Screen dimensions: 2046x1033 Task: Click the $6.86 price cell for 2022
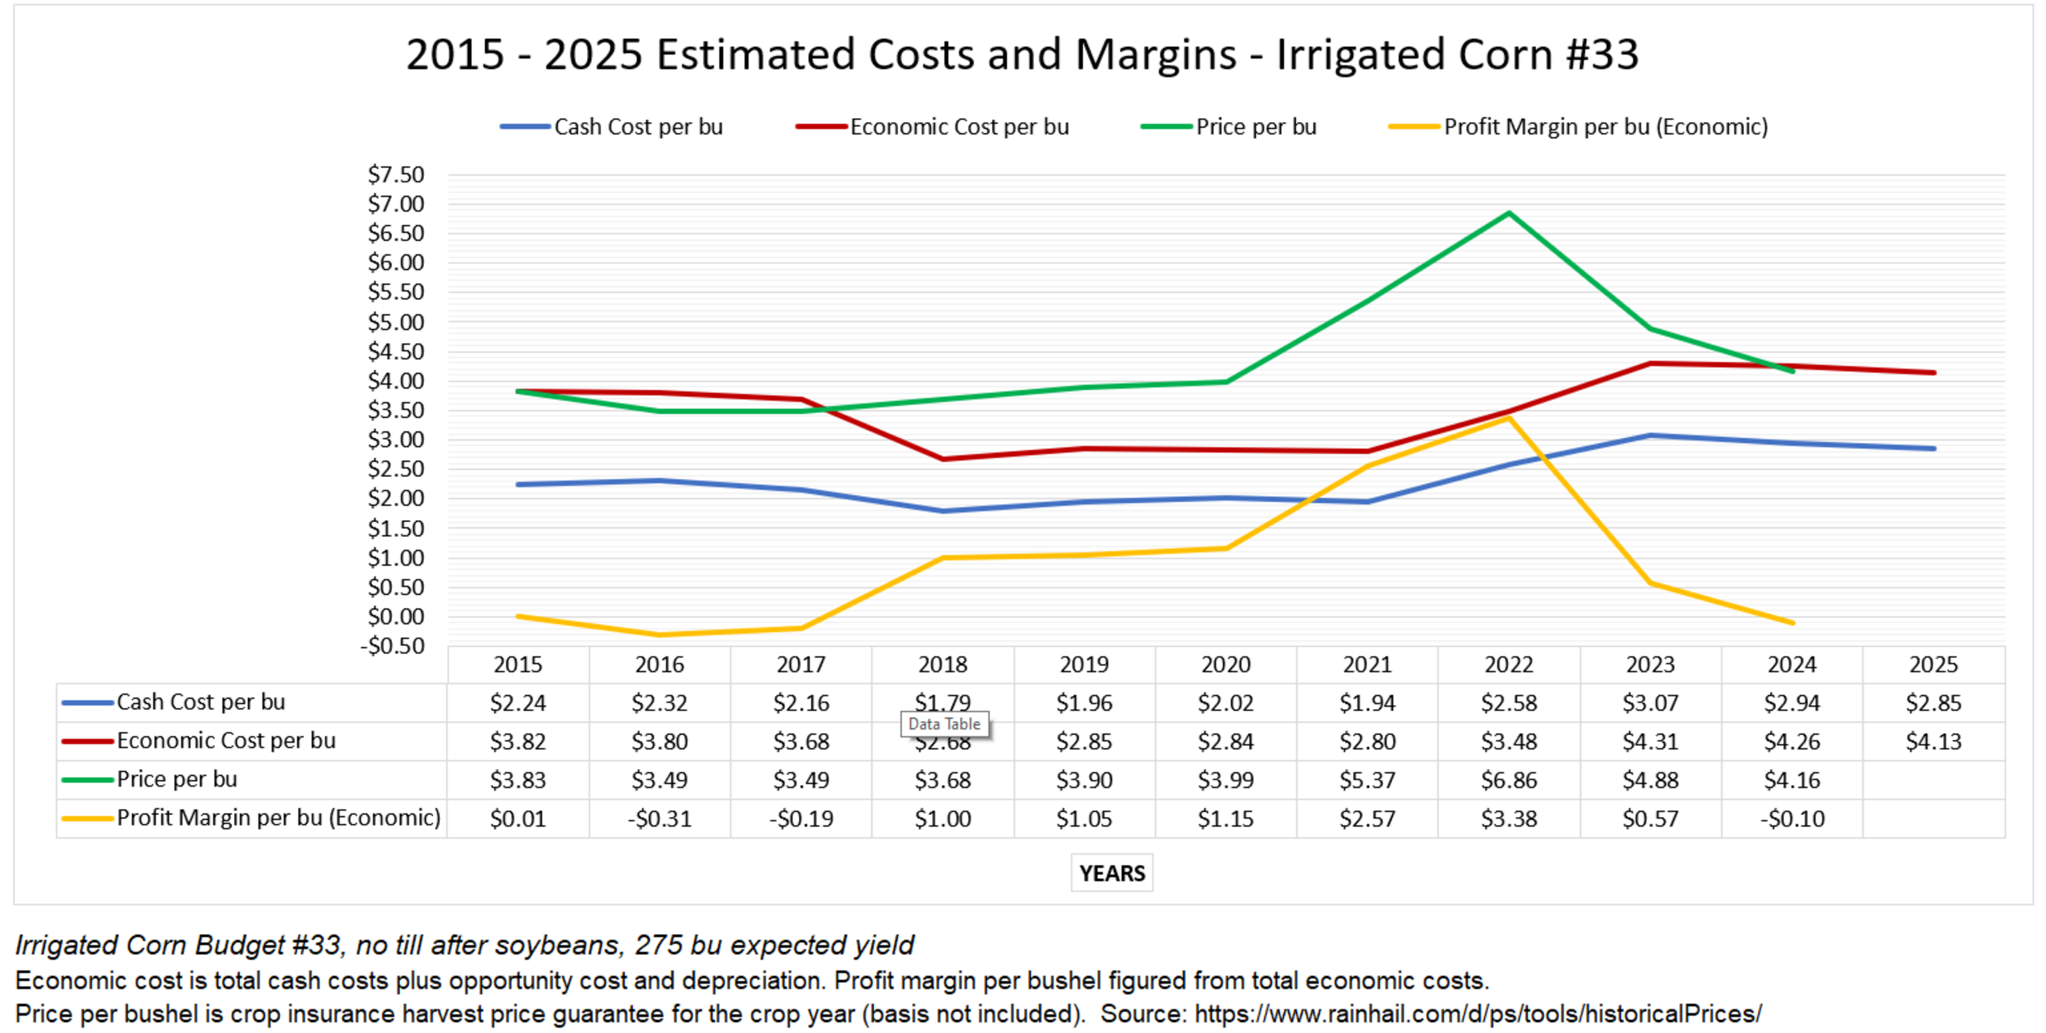coord(1508,780)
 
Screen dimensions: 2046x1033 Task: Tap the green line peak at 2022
coord(1508,213)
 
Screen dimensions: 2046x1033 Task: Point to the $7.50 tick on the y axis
coord(395,175)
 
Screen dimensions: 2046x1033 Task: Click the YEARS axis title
coord(1111,873)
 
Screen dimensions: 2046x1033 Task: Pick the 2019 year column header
coord(1084,665)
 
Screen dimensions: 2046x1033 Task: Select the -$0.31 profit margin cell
coord(659,818)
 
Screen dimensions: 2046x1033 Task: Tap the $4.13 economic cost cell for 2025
coord(1933,742)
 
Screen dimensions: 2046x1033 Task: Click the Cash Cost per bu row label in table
coord(200,702)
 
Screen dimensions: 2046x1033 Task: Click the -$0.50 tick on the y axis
coord(393,646)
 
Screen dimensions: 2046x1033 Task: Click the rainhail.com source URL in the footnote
coord(1477,1014)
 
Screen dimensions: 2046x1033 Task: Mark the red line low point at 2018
coord(943,459)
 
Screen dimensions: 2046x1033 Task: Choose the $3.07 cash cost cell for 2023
coord(1650,703)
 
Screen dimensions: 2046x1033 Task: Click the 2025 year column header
coord(1933,665)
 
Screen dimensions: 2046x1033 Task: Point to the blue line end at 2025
coord(1933,449)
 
